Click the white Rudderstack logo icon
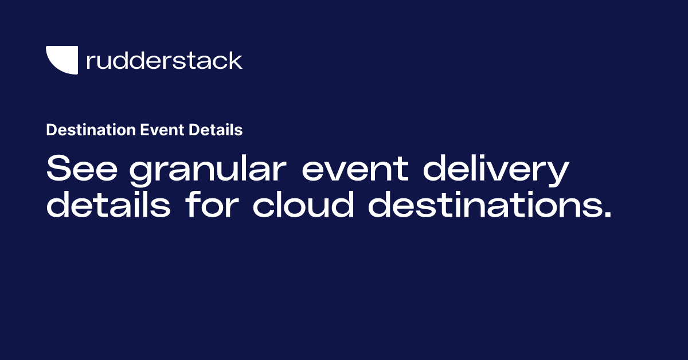(61, 60)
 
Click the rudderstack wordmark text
(164, 60)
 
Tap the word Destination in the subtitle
(91, 131)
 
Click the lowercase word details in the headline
(108, 205)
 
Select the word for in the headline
(212, 205)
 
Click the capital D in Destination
(51, 131)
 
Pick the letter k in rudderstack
(236, 60)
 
